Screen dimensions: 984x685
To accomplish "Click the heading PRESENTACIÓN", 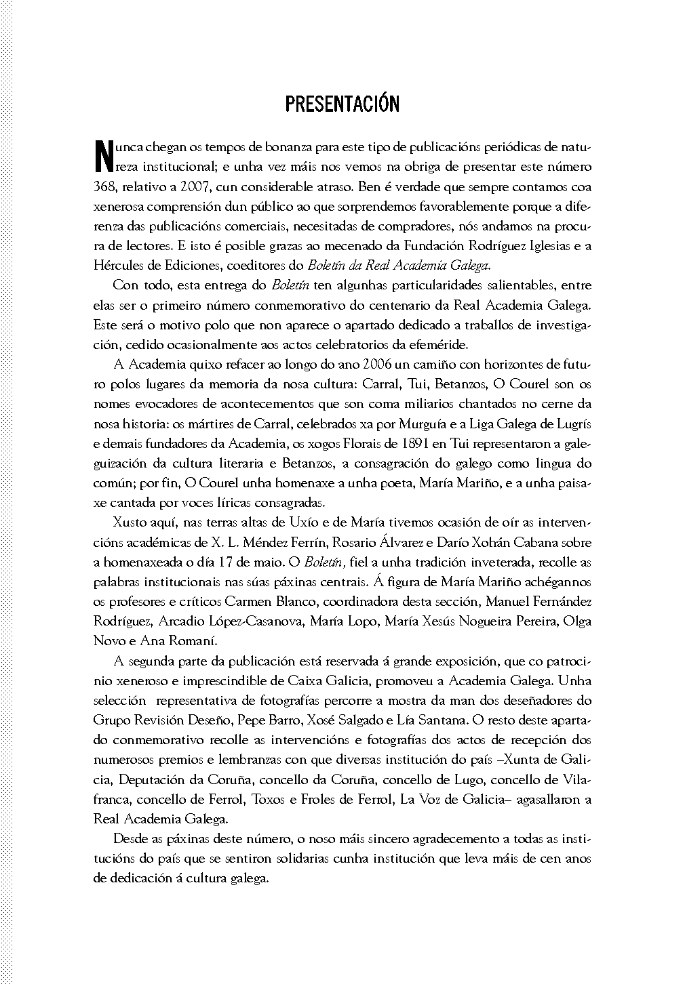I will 342,104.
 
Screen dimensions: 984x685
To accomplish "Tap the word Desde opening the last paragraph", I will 131,838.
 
